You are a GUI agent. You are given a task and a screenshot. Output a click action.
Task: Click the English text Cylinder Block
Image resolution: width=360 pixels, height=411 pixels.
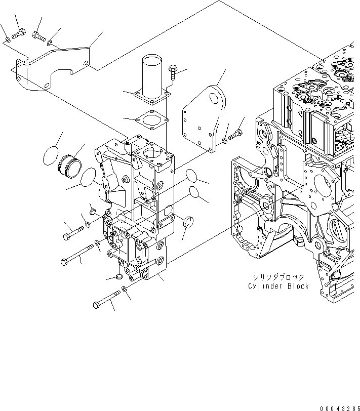tap(278, 286)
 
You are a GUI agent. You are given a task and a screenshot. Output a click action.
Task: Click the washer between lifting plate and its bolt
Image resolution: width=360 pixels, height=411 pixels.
tap(224, 139)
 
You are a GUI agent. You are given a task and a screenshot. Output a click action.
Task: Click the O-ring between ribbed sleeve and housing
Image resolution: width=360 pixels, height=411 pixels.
tap(88, 178)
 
